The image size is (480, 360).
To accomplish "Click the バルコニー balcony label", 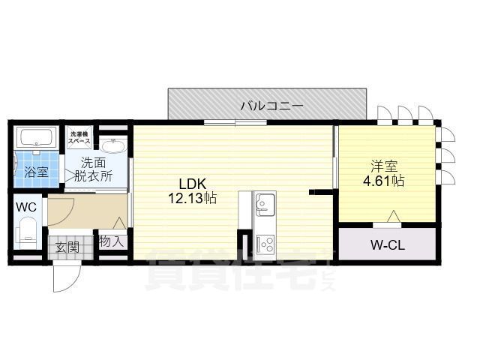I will click(x=271, y=106).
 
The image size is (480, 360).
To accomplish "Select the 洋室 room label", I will click(x=379, y=166).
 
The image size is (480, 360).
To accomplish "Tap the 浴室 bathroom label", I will click(x=36, y=172).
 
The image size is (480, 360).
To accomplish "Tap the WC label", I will click(x=25, y=206).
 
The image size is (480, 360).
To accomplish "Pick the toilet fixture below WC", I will click(x=28, y=229).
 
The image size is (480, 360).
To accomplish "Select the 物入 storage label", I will click(x=112, y=242).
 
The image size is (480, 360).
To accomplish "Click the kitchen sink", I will click(x=266, y=203).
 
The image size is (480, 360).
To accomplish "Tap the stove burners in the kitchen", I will click(x=266, y=243).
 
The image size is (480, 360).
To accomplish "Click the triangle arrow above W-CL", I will click(x=392, y=217).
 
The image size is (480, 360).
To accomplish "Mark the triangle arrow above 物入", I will click(x=120, y=223).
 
